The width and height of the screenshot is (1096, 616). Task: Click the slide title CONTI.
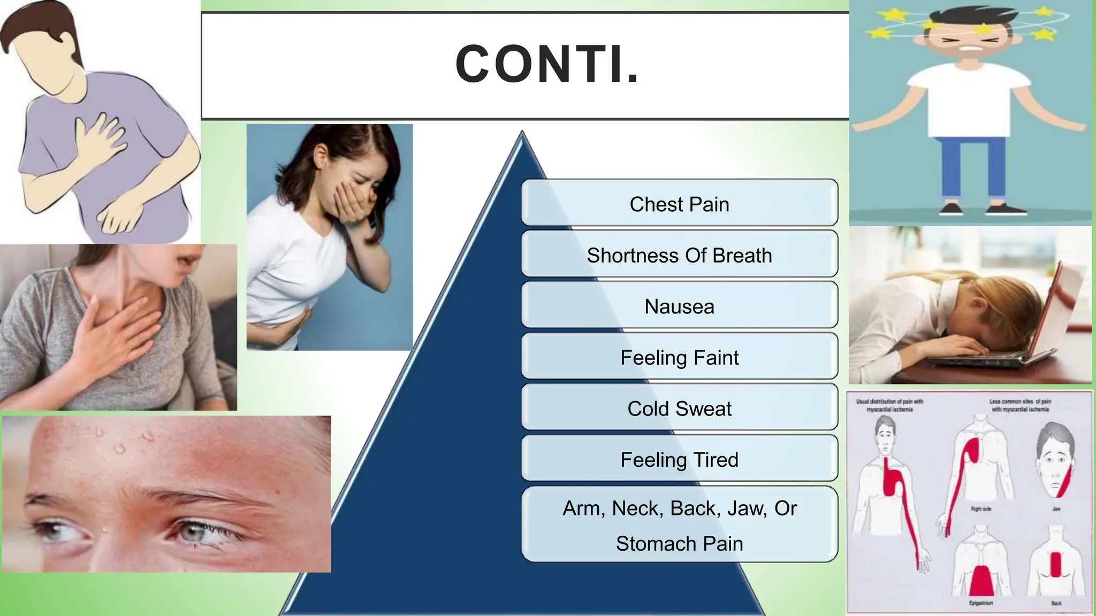pyautogui.click(x=547, y=65)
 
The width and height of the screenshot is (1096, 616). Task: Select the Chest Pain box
pyautogui.click(x=679, y=204)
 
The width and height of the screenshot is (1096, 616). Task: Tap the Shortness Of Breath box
pyautogui.click(x=679, y=255)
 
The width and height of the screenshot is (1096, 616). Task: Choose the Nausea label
pyautogui.click(x=679, y=306)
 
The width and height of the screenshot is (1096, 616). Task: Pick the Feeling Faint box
pyautogui.click(x=679, y=357)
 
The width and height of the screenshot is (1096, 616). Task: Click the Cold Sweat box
pyautogui.click(x=679, y=409)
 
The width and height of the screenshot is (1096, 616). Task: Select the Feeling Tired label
pyautogui.click(x=679, y=460)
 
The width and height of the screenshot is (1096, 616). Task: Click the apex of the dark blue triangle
pyautogui.click(x=522, y=134)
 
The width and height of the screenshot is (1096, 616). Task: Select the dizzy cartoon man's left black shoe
pyautogui.click(x=951, y=209)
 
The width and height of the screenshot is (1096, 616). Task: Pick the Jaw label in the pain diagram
pyautogui.click(x=1056, y=509)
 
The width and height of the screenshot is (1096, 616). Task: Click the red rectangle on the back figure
pyautogui.click(x=1056, y=564)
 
